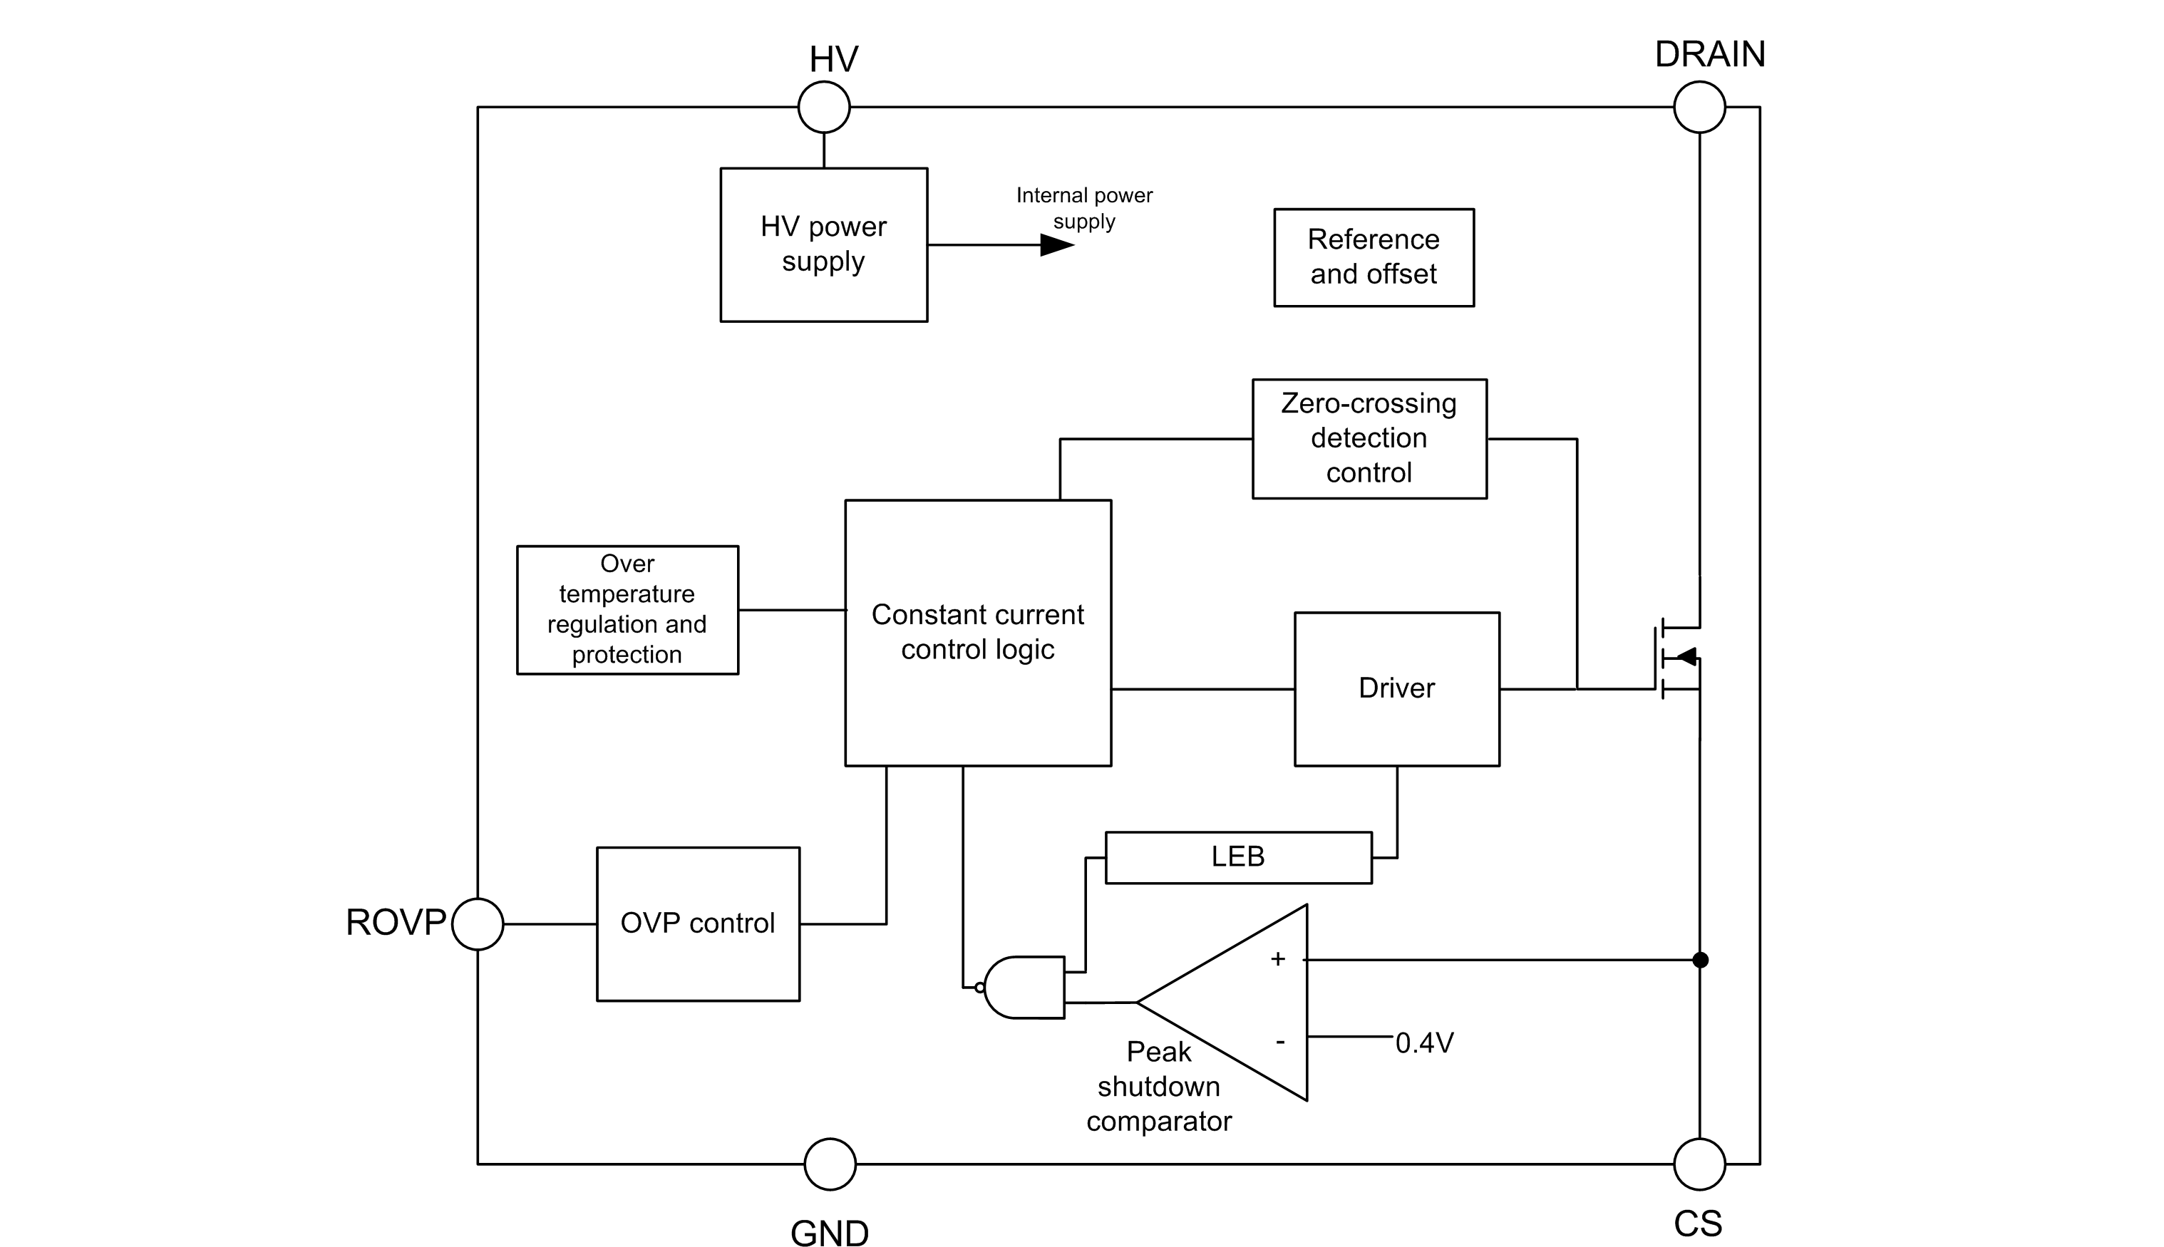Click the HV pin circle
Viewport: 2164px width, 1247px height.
point(823,107)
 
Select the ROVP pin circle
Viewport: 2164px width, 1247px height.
point(477,924)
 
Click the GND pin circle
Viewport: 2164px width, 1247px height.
point(830,1164)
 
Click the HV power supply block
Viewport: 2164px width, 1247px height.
point(823,244)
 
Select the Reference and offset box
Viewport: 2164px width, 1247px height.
point(1374,257)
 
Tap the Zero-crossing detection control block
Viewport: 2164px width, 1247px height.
point(1369,438)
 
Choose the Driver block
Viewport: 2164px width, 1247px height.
point(1396,688)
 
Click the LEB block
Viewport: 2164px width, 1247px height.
point(1238,857)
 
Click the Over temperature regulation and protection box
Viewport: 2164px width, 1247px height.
point(627,610)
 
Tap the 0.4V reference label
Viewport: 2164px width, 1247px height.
point(1424,1043)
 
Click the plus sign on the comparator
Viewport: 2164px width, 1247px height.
point(1277,959)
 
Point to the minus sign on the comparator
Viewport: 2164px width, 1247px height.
point(1280,1042)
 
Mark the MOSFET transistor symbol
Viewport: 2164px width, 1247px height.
point(1676,658)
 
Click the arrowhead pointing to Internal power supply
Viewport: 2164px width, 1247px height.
point(1056,245)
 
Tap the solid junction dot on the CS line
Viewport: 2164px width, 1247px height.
point(1700,960)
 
